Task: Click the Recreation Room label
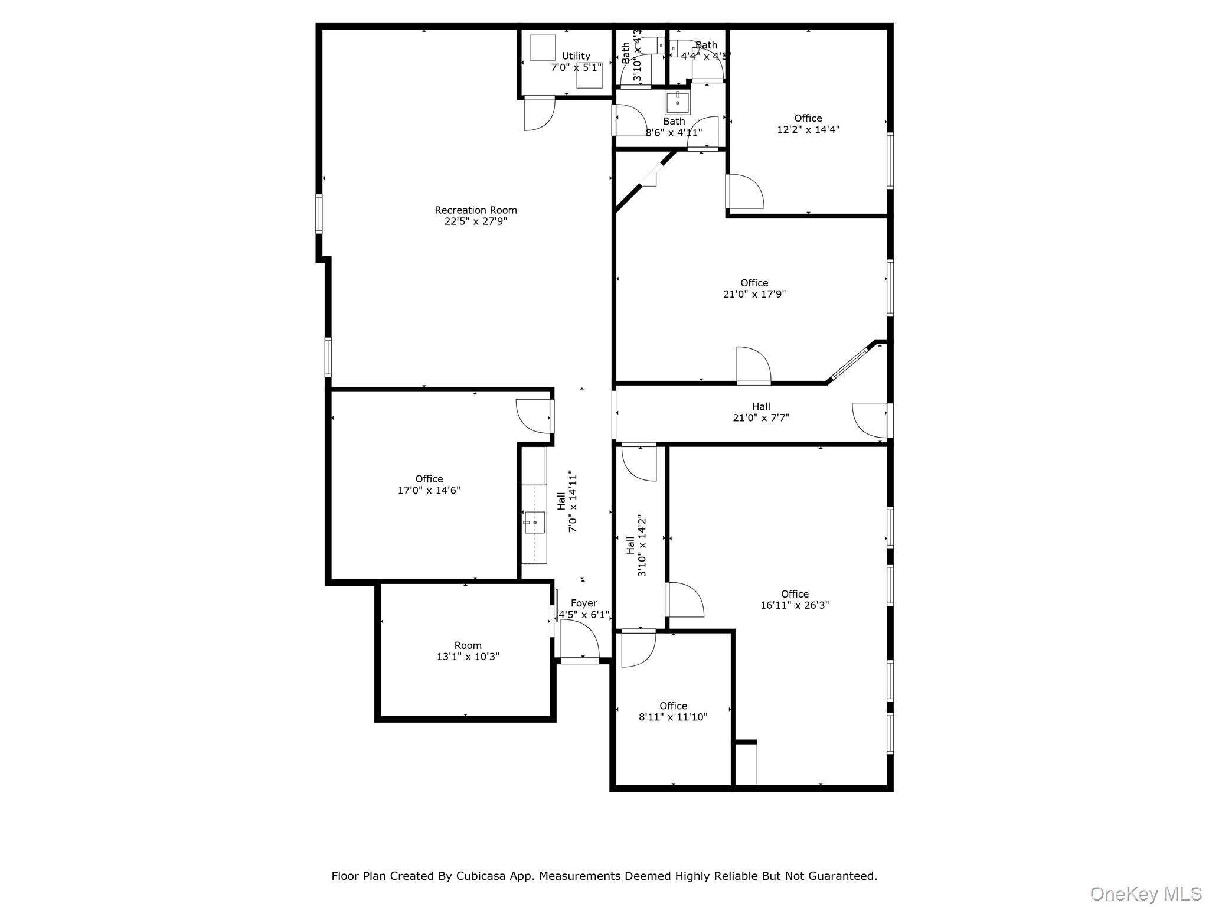pos(475,210)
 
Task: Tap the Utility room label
pos(576,56)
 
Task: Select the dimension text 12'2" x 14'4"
pos(808,130)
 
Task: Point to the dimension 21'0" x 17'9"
pos(754,294)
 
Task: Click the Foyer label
pos(583,603)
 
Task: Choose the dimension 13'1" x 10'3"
pos(468,657)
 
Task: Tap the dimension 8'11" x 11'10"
pos(673,717)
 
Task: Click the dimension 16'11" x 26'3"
pos(794,605)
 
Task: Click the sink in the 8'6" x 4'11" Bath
pos(678,103)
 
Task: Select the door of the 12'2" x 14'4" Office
pos(745,192)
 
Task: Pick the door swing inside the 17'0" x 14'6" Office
pos(534,416)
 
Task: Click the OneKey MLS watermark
pos(1145,894)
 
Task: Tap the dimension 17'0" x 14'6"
pos(429,490)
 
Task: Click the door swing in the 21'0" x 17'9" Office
pos(753,365)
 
